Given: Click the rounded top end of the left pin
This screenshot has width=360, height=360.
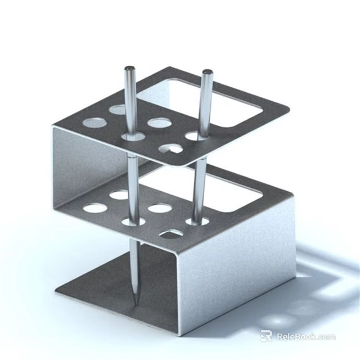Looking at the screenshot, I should tap(129, 70).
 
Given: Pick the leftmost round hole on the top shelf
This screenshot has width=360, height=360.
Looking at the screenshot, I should tap(94, 123).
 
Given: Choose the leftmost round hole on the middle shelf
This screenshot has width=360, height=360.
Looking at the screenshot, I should tap(95, 208).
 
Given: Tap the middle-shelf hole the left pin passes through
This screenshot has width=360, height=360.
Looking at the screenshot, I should tap(133, 222).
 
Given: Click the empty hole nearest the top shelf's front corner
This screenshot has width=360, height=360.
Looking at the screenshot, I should tap(171, 148).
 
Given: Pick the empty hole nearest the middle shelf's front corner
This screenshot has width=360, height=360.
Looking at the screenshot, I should tap(171, 233).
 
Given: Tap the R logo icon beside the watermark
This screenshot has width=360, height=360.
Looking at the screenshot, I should tap(266, 336).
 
